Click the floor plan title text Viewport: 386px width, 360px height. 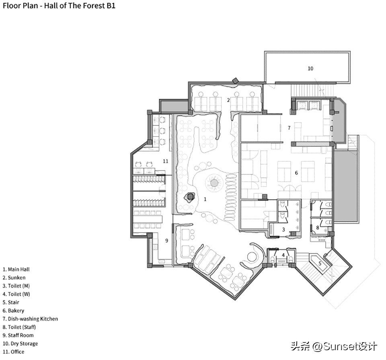(59, 6)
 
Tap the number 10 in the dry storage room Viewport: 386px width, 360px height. (310, 68)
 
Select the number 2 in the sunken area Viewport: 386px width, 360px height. (228, 100)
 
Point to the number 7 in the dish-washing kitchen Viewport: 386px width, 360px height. (289, 128)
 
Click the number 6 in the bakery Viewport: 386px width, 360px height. (296, 173)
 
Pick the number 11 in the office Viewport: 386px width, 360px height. (165, 161)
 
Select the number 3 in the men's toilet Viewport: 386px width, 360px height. (283, 230)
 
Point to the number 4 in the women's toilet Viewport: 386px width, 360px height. (283, 255)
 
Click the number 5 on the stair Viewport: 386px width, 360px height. (320, 263)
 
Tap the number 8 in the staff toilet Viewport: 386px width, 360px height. (317, 228)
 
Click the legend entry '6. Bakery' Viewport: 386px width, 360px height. (13, 311)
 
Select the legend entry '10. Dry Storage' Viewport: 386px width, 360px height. (20, 344)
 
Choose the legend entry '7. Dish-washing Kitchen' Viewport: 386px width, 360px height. (30, 319)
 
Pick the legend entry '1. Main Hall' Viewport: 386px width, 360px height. (16, 269)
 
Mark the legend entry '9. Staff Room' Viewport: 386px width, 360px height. (18, 335)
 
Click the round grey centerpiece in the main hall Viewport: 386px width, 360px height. (214, 183)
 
